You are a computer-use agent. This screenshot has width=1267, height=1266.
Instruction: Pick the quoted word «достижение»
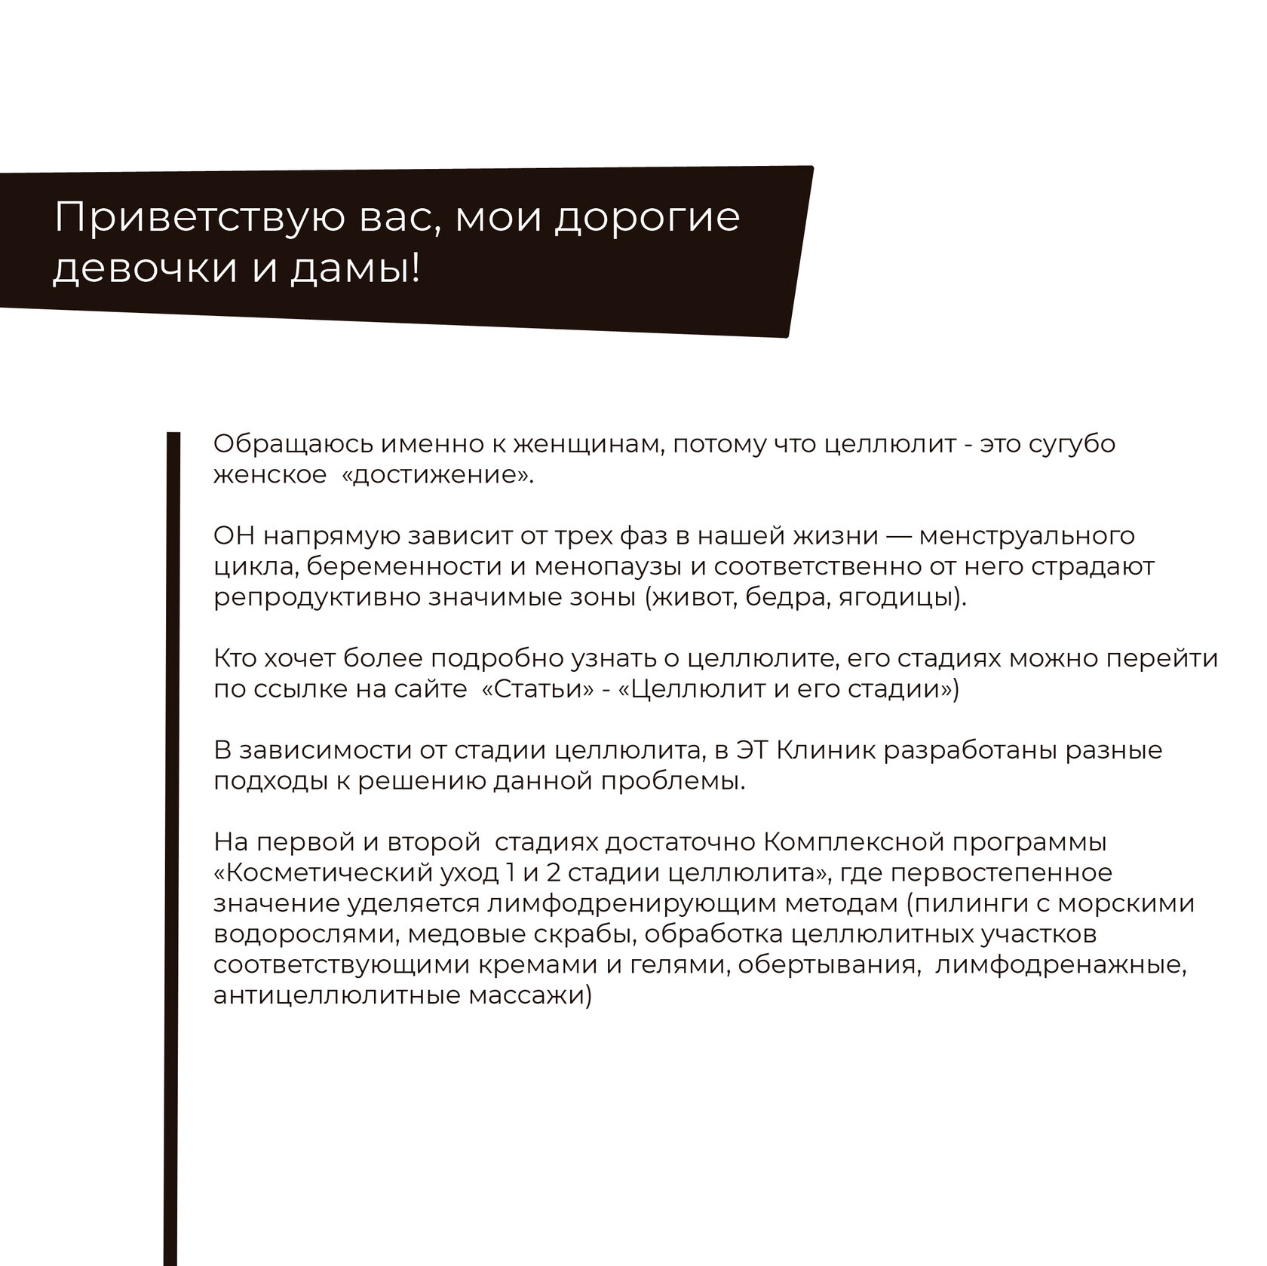[x=443, y=476]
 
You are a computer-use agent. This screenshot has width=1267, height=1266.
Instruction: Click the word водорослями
[x=305, y=934]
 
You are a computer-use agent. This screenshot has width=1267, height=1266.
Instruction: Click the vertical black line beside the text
[x=173, y=829]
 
